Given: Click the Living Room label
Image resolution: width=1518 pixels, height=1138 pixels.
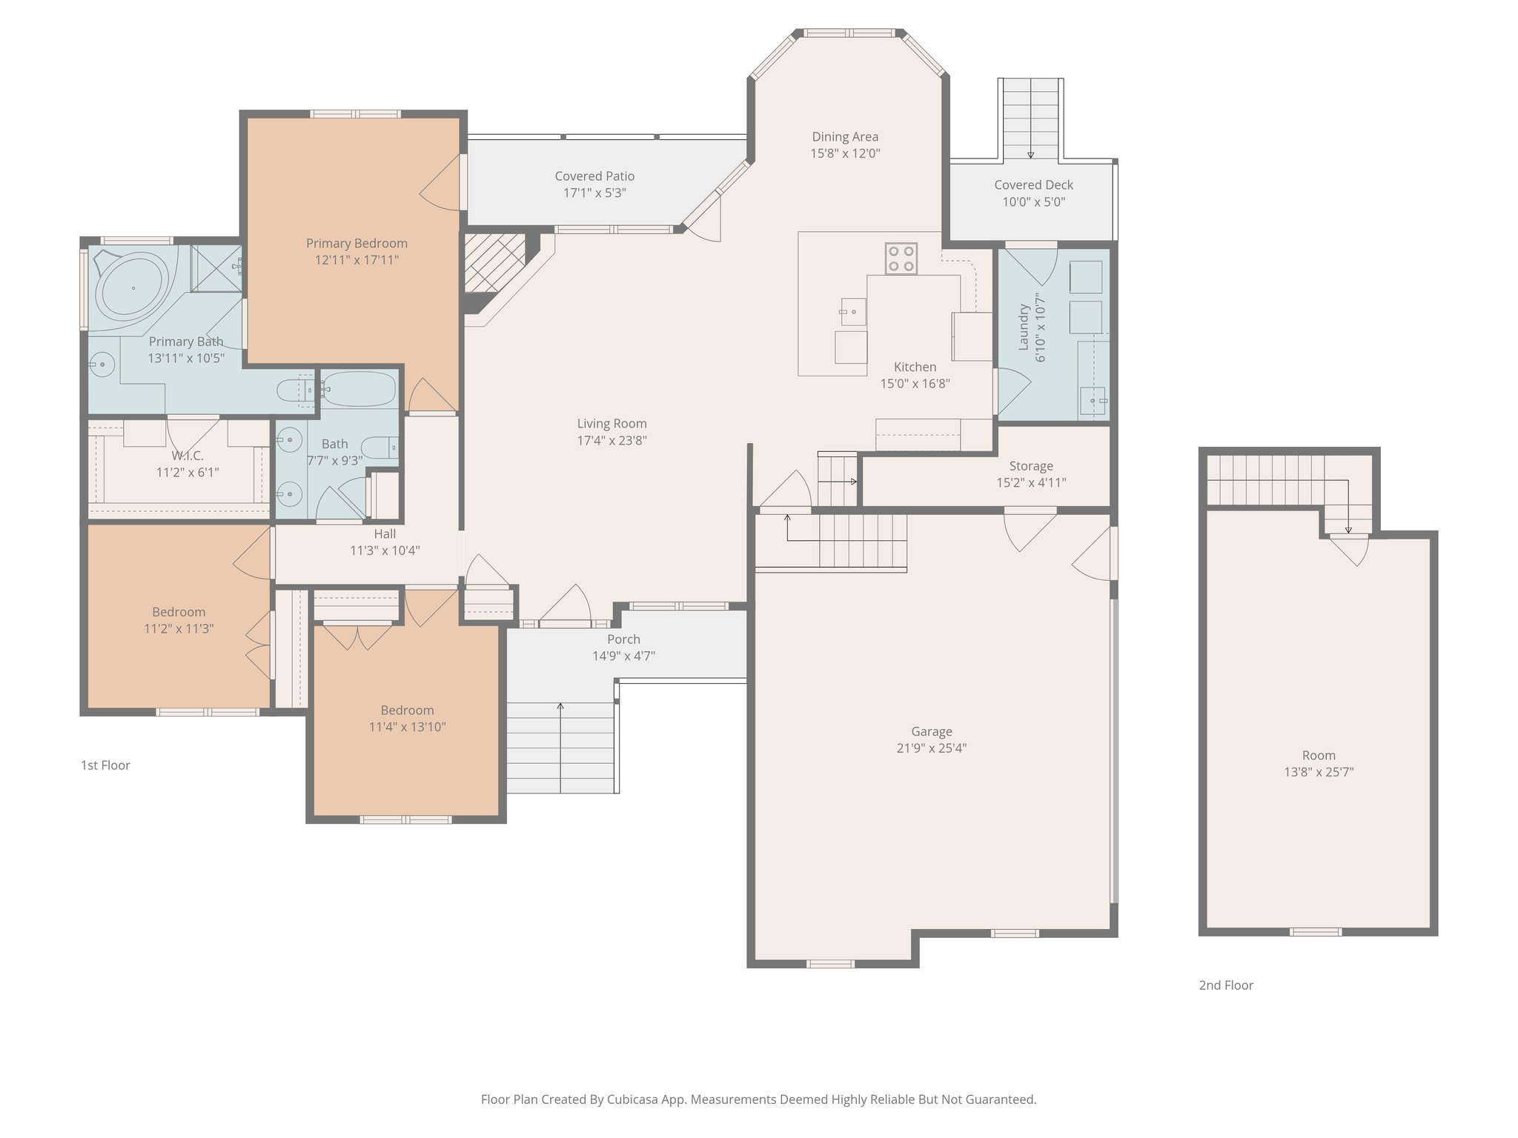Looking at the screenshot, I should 611,424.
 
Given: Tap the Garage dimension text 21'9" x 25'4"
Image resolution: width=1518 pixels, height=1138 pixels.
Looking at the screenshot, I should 931,748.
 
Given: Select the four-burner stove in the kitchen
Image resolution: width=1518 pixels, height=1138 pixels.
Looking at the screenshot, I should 901,259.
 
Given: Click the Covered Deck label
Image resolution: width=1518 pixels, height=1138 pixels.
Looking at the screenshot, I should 1033,185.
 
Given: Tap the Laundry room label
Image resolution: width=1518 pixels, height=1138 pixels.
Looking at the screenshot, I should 1024,327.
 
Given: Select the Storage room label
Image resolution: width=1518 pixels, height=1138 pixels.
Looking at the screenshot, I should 1030,466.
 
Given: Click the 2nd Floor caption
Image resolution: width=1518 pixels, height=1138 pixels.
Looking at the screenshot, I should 1226,985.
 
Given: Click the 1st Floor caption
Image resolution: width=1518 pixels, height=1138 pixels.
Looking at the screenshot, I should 105,765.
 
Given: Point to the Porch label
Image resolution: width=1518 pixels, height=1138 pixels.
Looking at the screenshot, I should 623,639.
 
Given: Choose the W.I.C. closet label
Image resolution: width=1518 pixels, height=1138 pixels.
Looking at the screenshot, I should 187,456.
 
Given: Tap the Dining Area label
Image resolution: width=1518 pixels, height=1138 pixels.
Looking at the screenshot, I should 845,137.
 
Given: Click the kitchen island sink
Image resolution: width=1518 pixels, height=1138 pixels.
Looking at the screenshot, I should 853,312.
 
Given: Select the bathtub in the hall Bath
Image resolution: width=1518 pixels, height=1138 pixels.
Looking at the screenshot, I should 359,389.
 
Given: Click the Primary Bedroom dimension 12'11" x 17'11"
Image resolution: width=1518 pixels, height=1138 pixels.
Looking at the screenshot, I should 357,260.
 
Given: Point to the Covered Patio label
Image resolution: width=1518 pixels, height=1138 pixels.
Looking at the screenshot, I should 594,176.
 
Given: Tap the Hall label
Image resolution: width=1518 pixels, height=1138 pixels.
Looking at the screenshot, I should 385,534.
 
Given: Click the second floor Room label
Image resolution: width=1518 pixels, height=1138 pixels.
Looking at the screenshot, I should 1319,756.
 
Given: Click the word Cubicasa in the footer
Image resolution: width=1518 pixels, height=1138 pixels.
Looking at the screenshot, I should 634,1099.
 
